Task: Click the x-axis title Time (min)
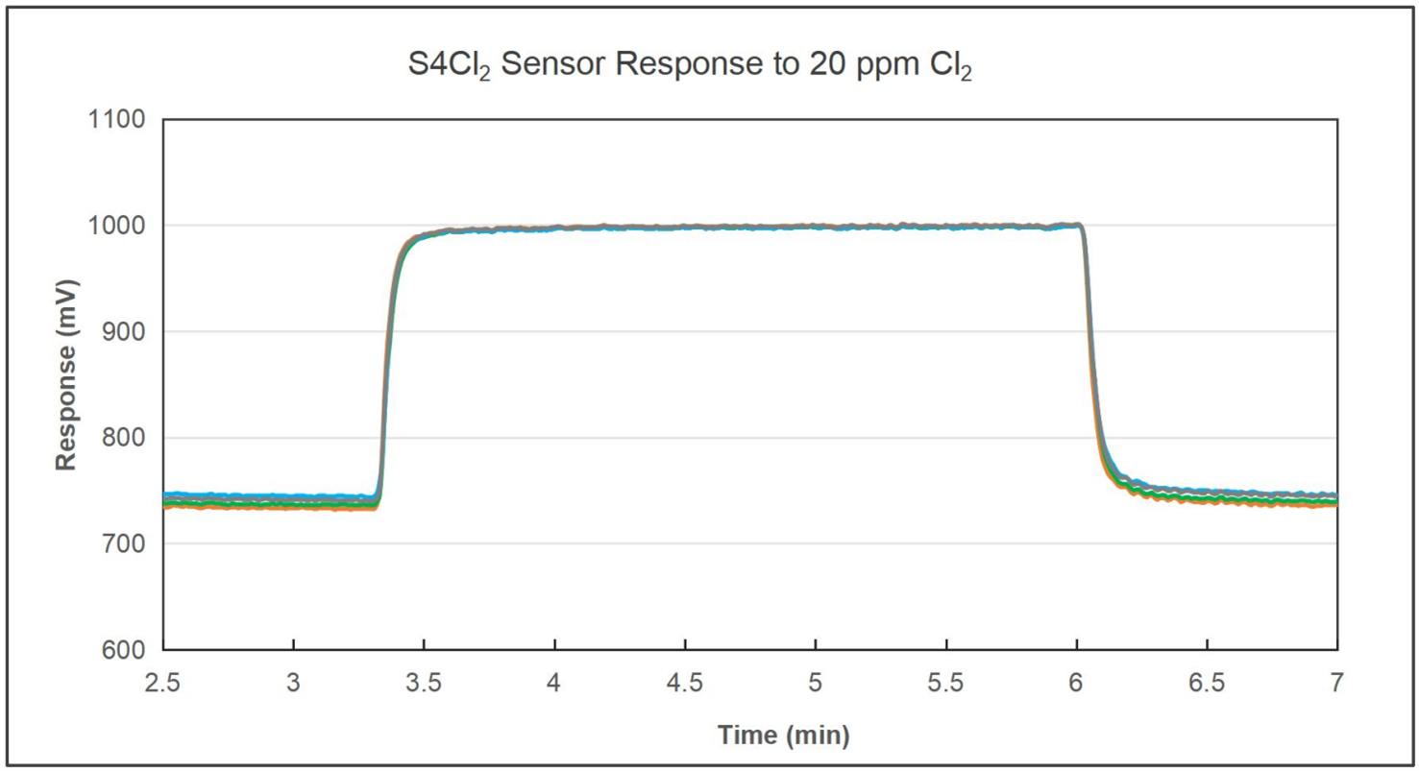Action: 783,736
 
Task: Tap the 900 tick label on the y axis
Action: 126,332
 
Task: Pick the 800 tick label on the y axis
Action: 126,439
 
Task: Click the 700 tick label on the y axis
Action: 126,544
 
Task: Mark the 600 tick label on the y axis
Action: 126,650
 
